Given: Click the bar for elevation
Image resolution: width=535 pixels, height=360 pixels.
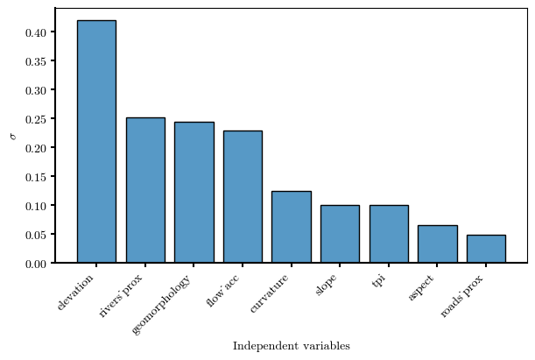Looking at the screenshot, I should pyautogui.click(x=96, y=141).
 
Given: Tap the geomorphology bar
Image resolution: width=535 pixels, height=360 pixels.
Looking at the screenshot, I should pyautogui.click(x=194, y=192).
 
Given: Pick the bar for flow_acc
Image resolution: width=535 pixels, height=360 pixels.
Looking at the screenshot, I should pyautogui.click(x=243, y=196).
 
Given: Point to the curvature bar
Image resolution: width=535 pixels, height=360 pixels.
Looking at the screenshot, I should pyautogui.click(x=292, y=227).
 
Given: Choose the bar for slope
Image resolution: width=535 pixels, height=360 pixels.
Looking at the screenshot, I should pyautogui.click(x=340, y=234).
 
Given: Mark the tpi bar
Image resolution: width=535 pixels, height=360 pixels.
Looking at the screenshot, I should pyautogui.click(x=389, y=234).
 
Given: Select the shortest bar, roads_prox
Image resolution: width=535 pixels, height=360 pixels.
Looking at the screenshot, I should pyautogui.click(x=486, y=249).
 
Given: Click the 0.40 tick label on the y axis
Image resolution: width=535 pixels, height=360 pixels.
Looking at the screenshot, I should pyautogui.click(x=36, y=32).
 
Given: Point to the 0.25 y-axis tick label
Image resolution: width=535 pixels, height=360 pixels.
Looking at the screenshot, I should pyautogui.click(x=36, y=119).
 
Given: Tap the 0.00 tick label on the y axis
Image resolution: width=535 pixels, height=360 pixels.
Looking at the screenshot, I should pyautogui.click(x=36, y=264).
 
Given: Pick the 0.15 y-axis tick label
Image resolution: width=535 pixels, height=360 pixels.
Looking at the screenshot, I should pyautogui.click(x=36, y=177).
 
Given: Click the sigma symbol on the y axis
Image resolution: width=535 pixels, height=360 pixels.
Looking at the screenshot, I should pyautogui.click(x=13, y=136).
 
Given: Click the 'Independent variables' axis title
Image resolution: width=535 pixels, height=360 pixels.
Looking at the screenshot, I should pyautogui.click(x=292, y=346).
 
